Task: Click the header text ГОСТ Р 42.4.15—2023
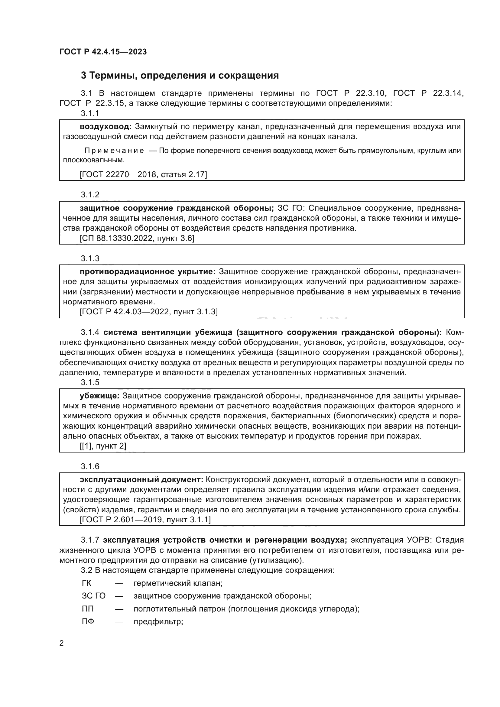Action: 103,52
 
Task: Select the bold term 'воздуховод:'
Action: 106,127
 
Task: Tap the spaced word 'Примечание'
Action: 114,151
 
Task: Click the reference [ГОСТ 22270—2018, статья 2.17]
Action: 143,174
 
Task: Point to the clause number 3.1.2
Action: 90,195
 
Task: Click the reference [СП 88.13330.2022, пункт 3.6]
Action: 137,238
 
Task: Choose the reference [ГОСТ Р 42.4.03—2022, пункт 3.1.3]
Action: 149,312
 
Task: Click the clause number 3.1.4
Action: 90,332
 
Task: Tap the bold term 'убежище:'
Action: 99,396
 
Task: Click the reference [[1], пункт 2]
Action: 103,446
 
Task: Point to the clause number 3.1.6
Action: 90,466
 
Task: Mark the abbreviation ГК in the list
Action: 87,583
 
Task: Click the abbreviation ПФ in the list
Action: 88,621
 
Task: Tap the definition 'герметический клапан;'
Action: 178,583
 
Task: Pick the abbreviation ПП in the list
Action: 88,609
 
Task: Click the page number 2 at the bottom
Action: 62,643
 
